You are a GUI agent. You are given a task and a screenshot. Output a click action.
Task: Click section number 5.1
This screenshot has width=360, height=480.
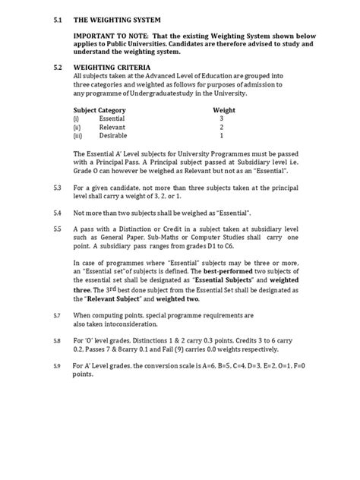[58, 17]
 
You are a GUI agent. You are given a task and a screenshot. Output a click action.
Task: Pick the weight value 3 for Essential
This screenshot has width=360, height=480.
[221, 119]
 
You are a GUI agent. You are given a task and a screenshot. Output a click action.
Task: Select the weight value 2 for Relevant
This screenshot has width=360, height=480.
[221, 128]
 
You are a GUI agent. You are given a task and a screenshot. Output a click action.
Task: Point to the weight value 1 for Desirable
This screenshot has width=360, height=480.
[221, 136]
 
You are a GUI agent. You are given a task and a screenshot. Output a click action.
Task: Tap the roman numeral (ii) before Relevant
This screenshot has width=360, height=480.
[77, 128]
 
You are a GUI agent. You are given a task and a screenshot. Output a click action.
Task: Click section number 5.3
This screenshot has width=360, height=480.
[58, 186]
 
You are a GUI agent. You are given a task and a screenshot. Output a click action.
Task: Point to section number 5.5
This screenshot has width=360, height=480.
[58, 228]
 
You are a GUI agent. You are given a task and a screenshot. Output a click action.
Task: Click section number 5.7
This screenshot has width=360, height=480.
[58, 314]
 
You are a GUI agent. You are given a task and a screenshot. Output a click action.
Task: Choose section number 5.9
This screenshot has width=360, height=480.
[58, 367]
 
